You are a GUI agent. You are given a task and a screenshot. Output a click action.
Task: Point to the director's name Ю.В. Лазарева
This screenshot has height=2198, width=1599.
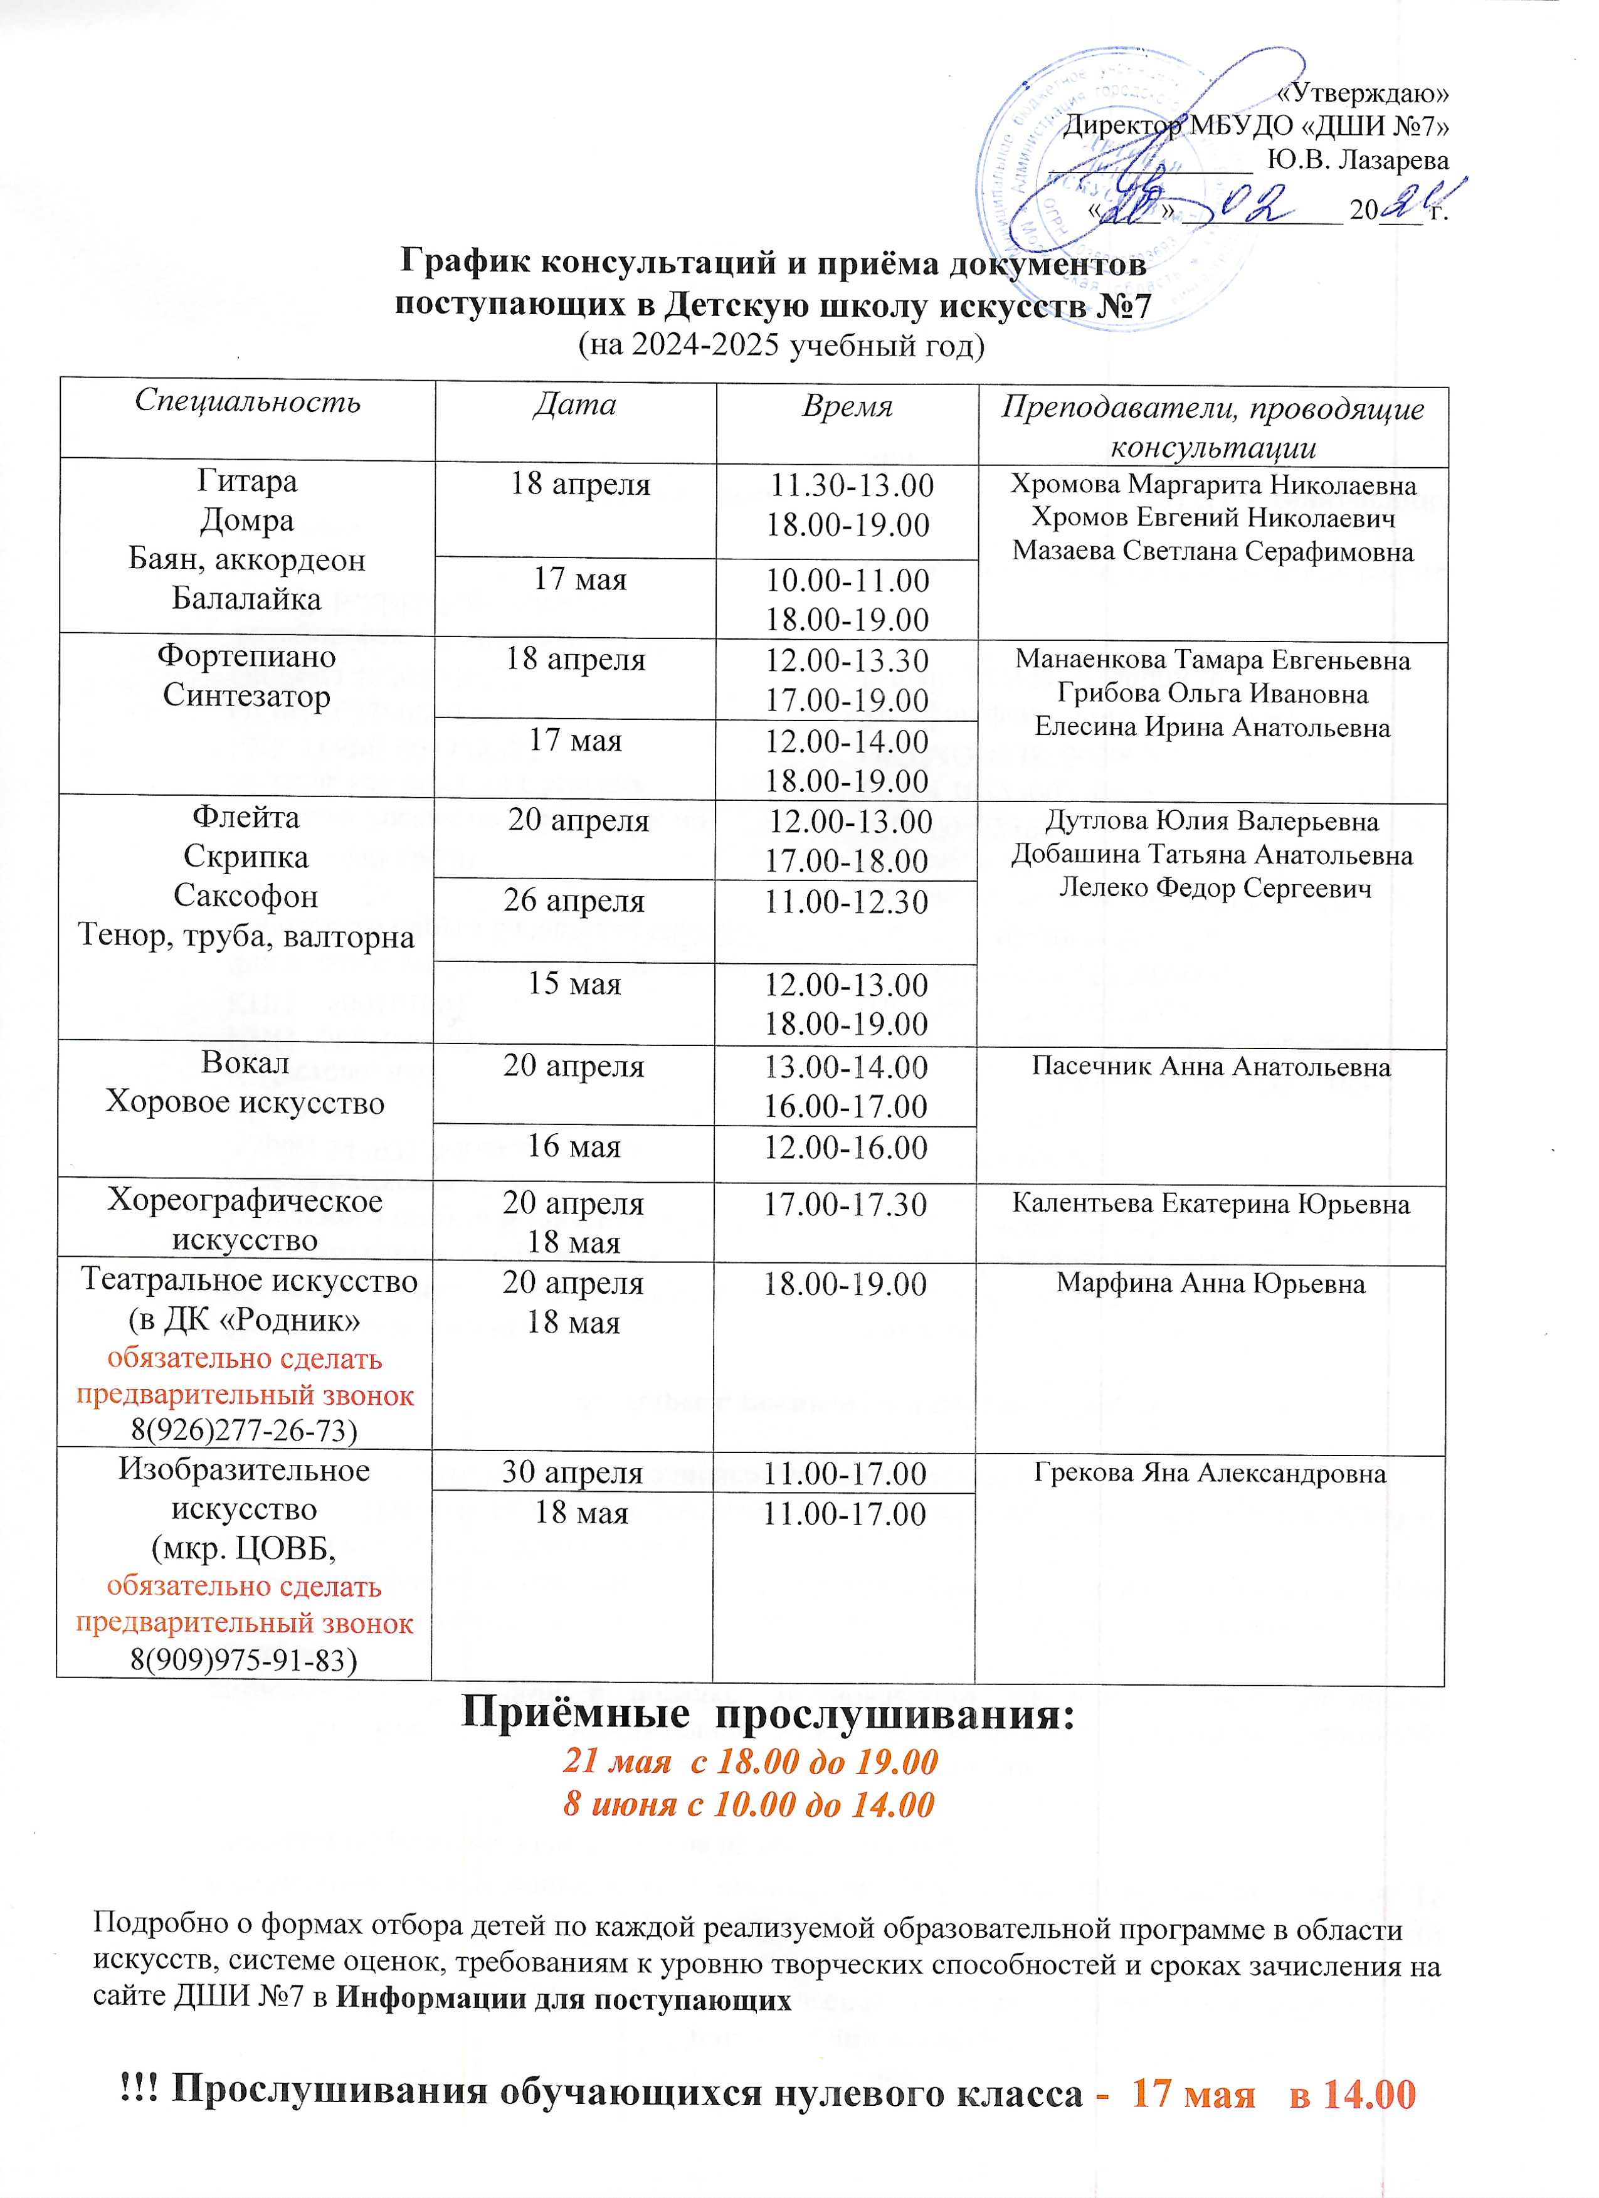pyautogui.click(x=1358, y=160)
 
